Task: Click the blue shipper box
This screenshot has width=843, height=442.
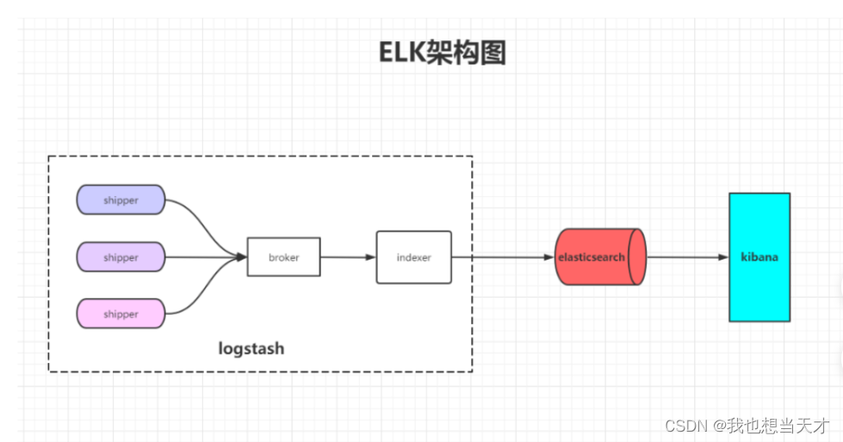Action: coord(121,200)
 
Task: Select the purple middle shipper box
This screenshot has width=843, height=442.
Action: coord(121,257)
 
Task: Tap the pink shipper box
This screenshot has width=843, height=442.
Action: coord(121,314)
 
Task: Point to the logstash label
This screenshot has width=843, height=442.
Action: coord(251,349)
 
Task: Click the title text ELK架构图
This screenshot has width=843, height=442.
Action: coord(443,52)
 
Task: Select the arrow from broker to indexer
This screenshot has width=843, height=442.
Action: coord(348,257)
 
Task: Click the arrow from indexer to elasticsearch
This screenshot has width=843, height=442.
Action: coord(504,257)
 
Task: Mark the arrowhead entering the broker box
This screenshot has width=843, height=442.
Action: coord(241,256)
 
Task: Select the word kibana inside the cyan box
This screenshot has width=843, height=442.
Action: coord(759,257)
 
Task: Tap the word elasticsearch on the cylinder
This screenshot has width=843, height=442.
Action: coord(591,256)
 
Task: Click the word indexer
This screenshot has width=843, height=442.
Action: coord(413,257)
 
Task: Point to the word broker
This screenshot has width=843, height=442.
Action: coord(283,257)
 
